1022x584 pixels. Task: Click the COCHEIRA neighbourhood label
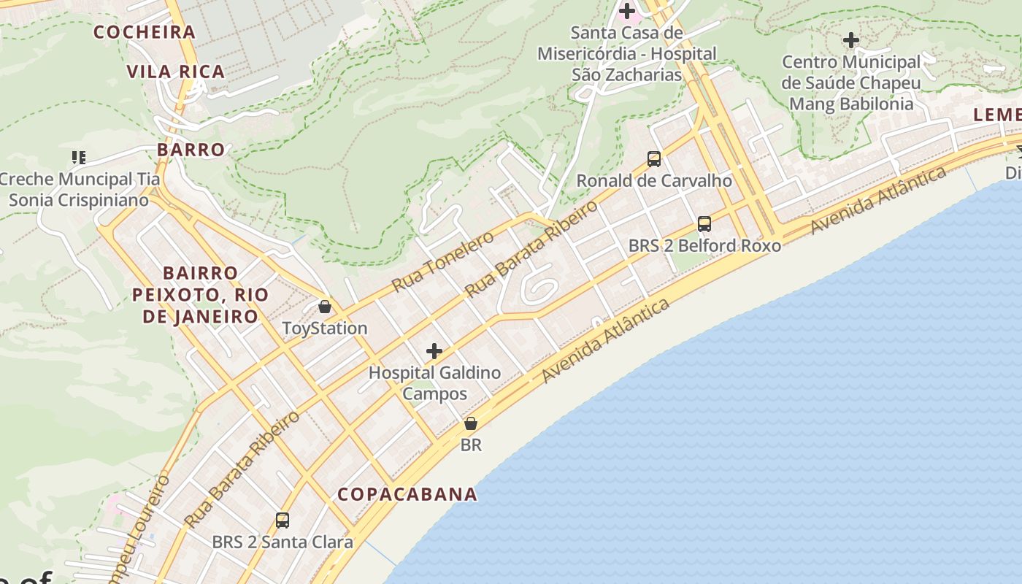[x=145, y=32]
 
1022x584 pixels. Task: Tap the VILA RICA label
[x=176, y=72]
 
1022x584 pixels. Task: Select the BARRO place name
[x=191, y=150]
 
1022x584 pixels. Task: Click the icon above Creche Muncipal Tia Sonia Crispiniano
[x=79, y=157]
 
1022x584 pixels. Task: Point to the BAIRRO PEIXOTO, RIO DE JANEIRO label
[x=201, y=295]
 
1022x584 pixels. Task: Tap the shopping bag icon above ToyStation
[x=325, y=307]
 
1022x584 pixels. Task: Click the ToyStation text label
[x=325, y=328]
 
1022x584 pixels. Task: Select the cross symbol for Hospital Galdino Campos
[x=434, y=351]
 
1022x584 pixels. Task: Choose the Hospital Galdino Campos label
[x=434, y=383]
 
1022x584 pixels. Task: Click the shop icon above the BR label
[x=471, y=423]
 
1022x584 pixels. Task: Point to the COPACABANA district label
[x=407, y=494]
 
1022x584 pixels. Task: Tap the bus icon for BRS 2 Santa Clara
[x=283, y=520]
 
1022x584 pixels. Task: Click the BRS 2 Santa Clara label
[x=283, y=542]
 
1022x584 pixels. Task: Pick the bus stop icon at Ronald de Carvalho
[x=654, y=158]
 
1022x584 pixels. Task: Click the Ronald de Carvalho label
[x=654, y=180]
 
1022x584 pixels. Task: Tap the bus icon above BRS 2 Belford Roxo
[x=704, y=224]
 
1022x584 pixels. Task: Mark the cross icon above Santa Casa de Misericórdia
[x=627, y=11]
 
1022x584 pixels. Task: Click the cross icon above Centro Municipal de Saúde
[x=851, y=40]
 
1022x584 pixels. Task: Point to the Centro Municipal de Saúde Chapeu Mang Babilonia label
[x=851, y=83]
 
